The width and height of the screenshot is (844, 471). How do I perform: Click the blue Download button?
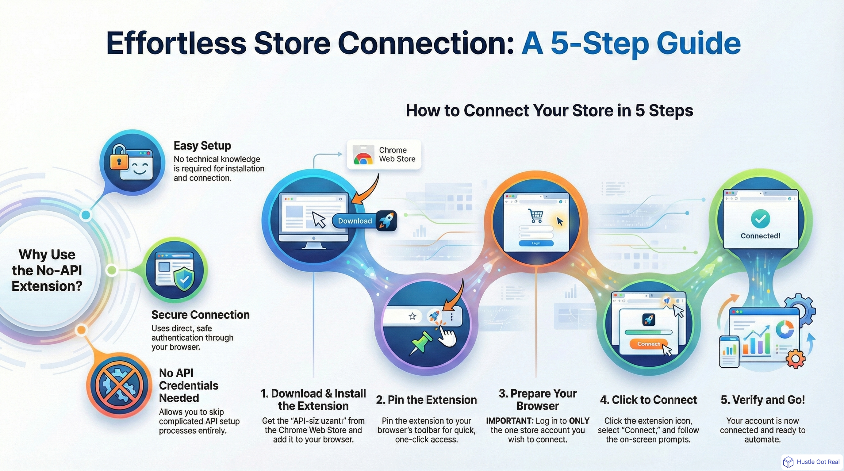tap(355, 221)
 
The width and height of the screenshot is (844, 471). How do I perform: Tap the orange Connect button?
tap(648, 344)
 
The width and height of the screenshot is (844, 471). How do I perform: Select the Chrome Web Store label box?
tap(384, 154)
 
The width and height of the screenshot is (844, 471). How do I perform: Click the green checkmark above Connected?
tap(761, 219)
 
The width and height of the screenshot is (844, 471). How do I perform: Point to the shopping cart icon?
tap(536, 216)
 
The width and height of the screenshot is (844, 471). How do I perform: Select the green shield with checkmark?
tap(184, 279)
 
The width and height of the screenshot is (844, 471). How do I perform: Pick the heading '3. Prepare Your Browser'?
tap(538, 399)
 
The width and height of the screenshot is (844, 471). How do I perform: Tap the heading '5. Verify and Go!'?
tap(762, 400)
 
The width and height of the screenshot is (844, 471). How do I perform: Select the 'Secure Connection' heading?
tap(200, 314)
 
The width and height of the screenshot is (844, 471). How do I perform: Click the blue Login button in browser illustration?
tap(536, 243)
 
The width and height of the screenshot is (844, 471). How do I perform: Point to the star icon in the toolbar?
tap(412, 316)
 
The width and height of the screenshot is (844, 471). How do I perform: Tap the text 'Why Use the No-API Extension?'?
tap(47, 270)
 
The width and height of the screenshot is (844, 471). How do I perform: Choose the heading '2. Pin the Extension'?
tap(426, 400)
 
